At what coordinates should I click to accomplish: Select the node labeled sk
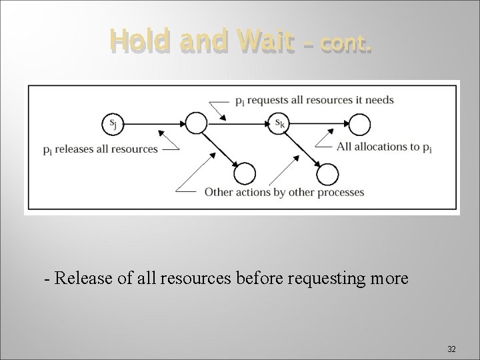[279, 123]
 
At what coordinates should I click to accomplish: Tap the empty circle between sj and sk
[196, 123]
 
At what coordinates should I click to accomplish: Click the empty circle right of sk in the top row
[360, 123]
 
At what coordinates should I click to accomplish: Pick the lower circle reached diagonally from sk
[327, 175]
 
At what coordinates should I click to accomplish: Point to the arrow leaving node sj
[154, 123]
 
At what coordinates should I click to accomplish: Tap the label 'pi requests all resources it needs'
[314, 101]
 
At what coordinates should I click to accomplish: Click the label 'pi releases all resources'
[100, 149]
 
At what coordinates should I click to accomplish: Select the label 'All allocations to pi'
[384, 147]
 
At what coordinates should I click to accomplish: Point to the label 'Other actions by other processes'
[284, 192]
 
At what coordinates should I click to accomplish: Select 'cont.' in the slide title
[345, 44]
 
